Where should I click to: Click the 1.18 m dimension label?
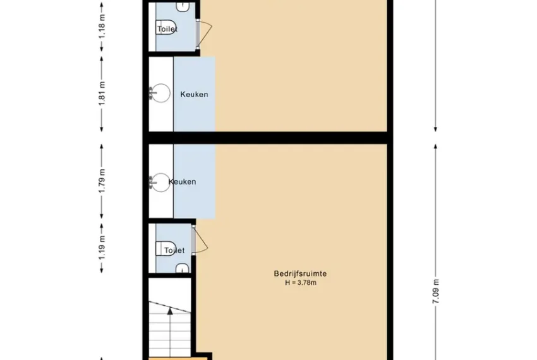[x=102, y=27]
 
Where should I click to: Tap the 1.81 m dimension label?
[x=102, y=93]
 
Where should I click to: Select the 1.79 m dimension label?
[x=102, y=181]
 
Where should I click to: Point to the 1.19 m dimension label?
[x=102, y=248]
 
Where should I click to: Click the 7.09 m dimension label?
[x=436, y=292]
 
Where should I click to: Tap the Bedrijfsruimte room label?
[x=300, y=273]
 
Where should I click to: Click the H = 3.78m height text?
[x=300, y=283]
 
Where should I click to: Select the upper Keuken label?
[x=194, y=94]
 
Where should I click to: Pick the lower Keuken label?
[x=182, y=181]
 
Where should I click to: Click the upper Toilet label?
[x=167, y=29]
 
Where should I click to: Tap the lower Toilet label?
[x=174, y=250]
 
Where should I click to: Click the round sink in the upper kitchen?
[x=160, y=93]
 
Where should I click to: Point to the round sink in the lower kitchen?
[x=160, y=183]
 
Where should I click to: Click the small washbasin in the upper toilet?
[x=183, y=7]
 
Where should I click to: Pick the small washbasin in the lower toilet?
[x=183, y=268]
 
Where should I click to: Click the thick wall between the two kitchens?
[x=268, y=138]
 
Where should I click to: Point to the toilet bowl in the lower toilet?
[x=166, y=249]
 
